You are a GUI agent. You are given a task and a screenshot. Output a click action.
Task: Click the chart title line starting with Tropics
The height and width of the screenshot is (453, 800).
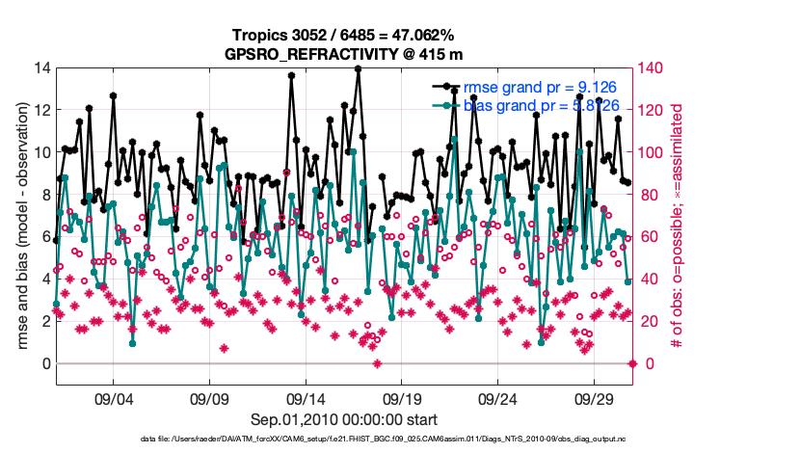point(344,35)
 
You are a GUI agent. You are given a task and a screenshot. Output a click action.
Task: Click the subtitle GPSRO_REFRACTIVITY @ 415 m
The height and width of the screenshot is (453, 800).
point(344,53)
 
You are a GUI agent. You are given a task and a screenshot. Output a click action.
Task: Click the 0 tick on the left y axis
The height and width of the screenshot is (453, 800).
point(43,364)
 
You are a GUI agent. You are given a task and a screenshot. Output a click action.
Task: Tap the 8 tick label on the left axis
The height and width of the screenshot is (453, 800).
point(43,196)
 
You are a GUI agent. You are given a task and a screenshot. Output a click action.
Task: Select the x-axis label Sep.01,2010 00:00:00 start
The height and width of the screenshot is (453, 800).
point(344,419)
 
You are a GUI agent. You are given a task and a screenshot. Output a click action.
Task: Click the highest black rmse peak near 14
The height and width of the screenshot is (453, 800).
point(358,69)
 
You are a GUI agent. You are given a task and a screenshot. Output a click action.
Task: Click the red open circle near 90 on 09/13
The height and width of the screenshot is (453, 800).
point(286,173)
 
